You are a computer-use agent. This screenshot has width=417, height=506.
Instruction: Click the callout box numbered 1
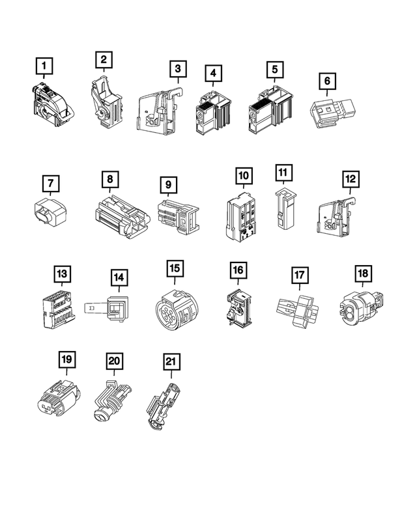click(x=44, y=66)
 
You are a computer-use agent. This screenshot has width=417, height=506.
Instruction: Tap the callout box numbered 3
click(x=177, y=68)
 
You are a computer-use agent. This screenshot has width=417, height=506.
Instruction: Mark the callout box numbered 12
click(x=350, y=178)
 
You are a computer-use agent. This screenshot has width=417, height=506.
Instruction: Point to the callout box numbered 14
click(x=118, y=278)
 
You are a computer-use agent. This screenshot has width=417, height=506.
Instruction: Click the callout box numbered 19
click(x=66, y=359)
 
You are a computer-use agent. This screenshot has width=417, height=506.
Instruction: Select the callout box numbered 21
click(x=173, y=361)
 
